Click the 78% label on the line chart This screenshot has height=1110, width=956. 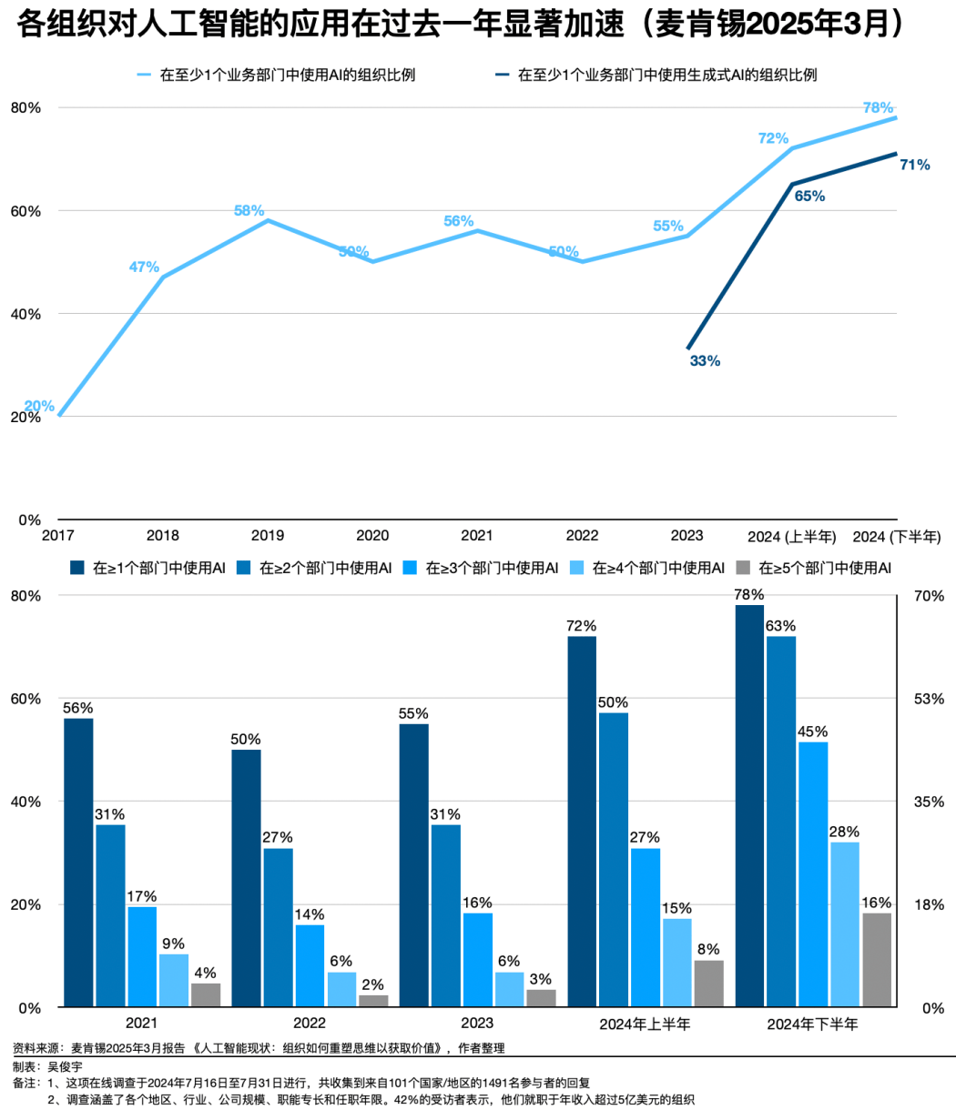point(878,107)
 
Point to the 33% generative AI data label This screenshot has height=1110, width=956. point(705,361)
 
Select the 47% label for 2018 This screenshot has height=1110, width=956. point(144,267)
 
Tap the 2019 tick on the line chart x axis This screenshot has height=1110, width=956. point(268,536)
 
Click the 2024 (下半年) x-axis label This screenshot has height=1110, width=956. point(897,536)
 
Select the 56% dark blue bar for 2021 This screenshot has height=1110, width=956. point(78,863)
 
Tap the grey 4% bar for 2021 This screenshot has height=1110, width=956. point(206,995)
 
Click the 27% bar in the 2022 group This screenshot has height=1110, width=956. point(279,927)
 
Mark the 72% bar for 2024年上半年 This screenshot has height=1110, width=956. point(582,822)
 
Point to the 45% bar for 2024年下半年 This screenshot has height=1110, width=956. point(813,874)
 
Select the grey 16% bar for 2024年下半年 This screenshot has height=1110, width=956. point(877,960)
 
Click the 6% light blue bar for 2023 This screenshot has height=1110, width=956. point(510,990)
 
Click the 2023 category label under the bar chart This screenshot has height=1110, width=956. point(477,1024)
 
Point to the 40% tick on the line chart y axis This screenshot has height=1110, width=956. point(25,314)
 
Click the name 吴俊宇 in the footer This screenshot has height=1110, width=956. point(64,1065)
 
